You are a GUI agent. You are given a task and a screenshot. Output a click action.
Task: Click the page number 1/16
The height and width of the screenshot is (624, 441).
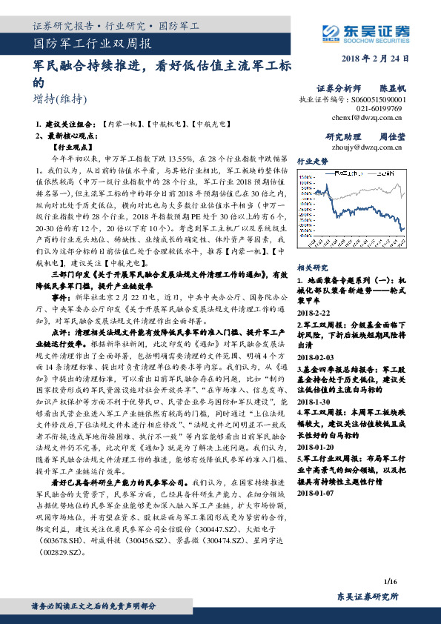[392, 565]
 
